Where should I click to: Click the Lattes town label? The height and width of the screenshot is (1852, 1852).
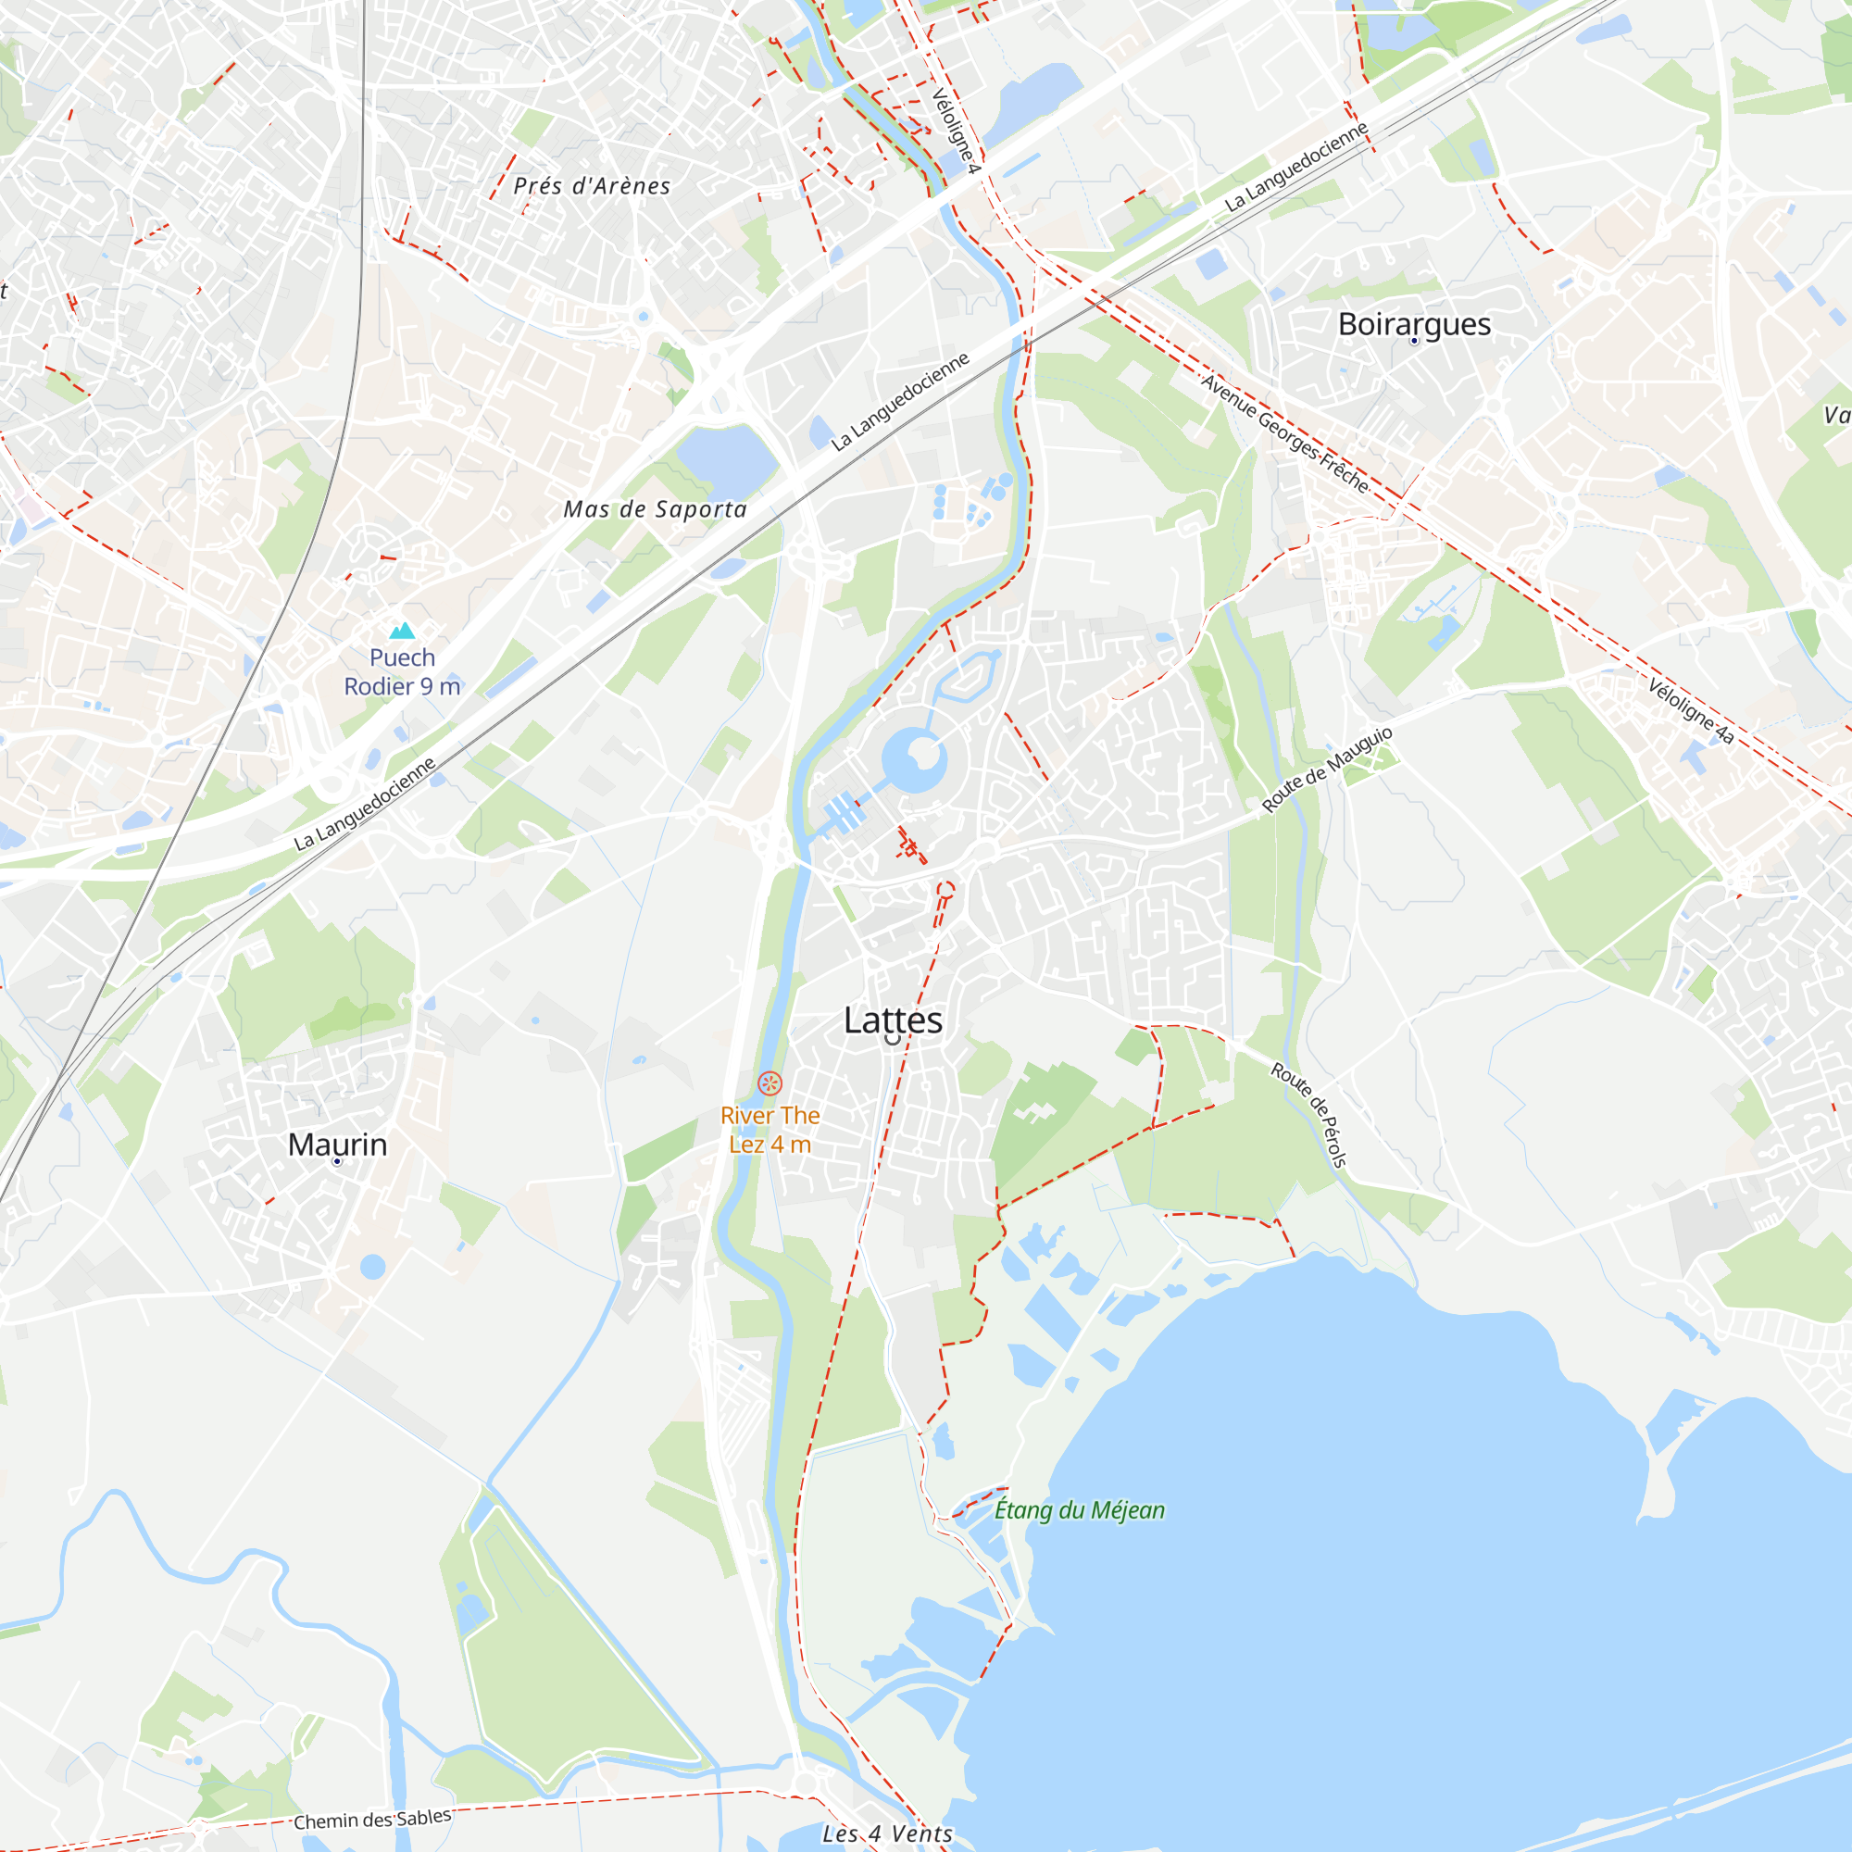893,1020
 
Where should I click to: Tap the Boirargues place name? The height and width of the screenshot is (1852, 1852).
1414,324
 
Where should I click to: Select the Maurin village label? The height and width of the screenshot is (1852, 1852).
337,1145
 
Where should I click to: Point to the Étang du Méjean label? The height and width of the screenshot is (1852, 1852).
1079,1509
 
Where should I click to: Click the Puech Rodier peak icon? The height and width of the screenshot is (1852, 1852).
403,630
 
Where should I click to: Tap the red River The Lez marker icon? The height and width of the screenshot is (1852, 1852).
770,1084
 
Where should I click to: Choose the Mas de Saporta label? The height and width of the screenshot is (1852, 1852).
655,509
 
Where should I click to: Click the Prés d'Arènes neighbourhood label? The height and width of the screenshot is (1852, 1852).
592,186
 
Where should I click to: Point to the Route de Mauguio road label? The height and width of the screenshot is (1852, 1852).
1327,769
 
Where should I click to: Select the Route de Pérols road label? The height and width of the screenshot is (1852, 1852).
1310,1114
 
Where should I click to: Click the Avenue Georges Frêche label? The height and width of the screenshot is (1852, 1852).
1285,433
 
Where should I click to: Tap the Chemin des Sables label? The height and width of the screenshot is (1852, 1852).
372,1819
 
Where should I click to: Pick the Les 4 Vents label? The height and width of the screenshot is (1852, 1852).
888,1833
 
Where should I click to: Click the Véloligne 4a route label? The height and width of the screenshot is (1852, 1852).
1691,710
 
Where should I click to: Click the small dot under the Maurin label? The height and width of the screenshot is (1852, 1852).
337,1162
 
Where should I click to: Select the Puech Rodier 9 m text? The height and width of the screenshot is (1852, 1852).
403,672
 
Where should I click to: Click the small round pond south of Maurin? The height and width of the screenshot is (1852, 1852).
373,1268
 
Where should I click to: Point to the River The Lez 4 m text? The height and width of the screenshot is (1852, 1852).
770,1130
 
